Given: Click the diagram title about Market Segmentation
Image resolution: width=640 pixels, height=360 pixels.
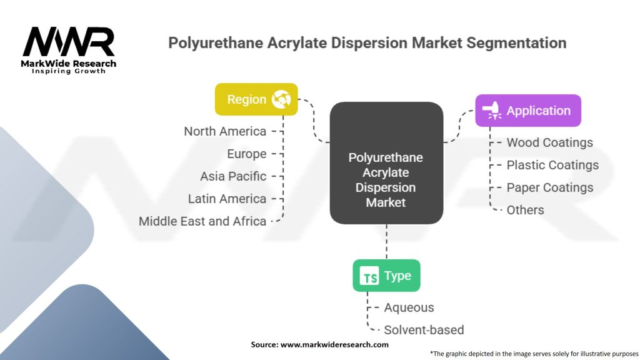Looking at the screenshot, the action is pos(367,43).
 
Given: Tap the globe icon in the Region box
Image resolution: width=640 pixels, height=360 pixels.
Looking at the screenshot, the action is pos(281,99).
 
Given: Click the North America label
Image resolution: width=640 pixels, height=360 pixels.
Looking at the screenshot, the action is pos(225,131).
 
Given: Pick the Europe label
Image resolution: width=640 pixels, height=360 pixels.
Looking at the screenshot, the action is pos(247,154).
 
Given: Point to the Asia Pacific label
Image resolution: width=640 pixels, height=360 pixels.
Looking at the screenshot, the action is pos(233,176).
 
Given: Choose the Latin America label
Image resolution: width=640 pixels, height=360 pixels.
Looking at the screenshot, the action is pos(227,199).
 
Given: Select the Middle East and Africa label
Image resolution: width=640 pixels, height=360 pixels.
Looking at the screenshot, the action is pos(202,221).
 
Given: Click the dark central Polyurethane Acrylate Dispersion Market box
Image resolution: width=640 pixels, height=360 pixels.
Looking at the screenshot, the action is pos(386,164).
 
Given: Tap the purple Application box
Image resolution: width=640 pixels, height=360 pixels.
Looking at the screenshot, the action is pos(528,111).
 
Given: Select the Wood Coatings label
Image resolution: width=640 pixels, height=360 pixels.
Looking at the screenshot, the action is pos(549,142).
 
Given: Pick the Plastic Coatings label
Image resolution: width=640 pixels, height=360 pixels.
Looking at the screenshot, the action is pos(552,165).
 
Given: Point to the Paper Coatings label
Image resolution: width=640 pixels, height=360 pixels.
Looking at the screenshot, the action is pos(549,187).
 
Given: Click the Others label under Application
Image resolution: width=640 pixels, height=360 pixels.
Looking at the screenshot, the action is pos(525,210).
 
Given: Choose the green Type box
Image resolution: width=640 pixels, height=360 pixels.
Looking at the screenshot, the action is pos(386,276).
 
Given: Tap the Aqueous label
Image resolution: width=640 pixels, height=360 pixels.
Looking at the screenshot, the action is pos(409,307).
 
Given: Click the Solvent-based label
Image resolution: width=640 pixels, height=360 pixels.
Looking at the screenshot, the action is pos(424,330).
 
